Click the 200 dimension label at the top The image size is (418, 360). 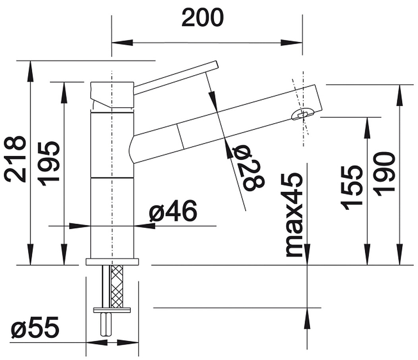click(203, 17)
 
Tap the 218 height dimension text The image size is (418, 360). click(15, 159)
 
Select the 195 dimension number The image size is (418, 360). click(48, 164)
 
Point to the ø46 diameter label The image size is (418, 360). click(173, 211)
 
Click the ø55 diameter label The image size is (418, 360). click(35, 327)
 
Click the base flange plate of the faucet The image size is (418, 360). click(112, 261)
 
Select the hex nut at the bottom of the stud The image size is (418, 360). click(106, 324)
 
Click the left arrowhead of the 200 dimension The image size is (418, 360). click(122, 43)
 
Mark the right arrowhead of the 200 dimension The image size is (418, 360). click(292, 43)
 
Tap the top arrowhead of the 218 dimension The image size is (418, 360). click(31, 71)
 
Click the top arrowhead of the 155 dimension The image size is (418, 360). click(368, 128)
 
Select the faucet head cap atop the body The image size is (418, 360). click(112, 95)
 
